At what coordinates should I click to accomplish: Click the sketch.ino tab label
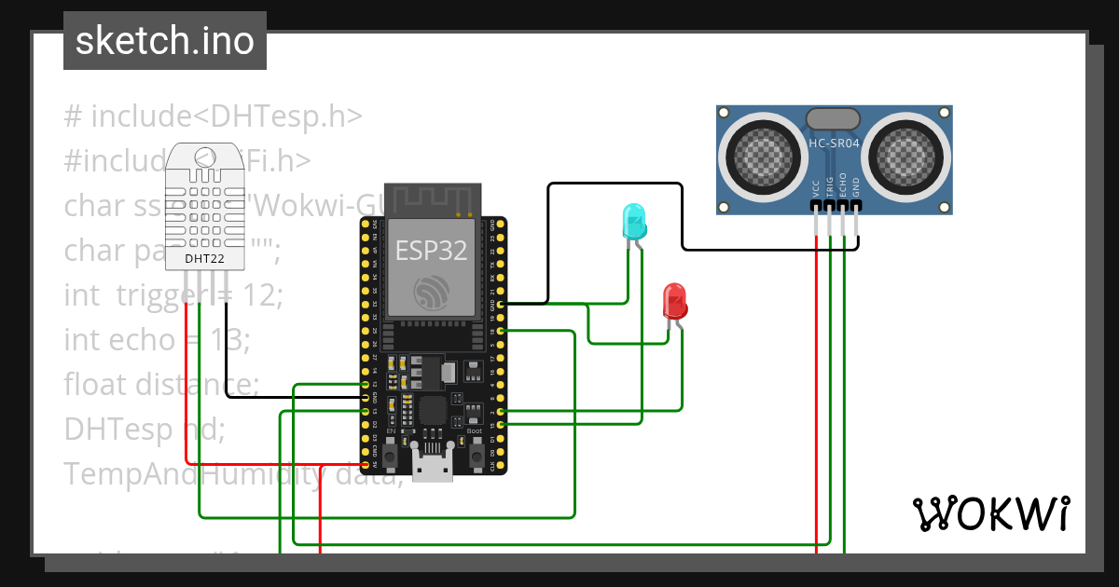164,41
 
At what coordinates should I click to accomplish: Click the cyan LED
633,222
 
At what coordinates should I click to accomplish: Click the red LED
674,302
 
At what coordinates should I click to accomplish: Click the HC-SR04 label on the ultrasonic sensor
834,143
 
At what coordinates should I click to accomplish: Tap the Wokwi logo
990,513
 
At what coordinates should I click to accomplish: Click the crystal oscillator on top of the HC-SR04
833,118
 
